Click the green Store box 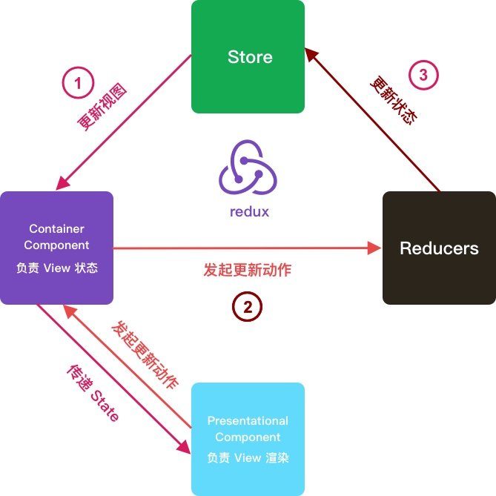click(248, 56)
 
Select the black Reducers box click(439, 248)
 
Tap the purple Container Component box click(56, 248)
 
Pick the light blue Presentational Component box click(248, 439)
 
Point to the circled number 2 click(248, 306)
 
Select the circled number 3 click(423, 75)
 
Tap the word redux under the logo click(249, 211)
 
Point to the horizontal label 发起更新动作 click(247, 270)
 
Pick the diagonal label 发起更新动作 click(145, 355)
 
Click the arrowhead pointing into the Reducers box click(374, 248)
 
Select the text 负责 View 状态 click(56, 268)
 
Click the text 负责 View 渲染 click(248, 457)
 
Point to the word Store click(249, 57)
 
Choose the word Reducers click(439, 248)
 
